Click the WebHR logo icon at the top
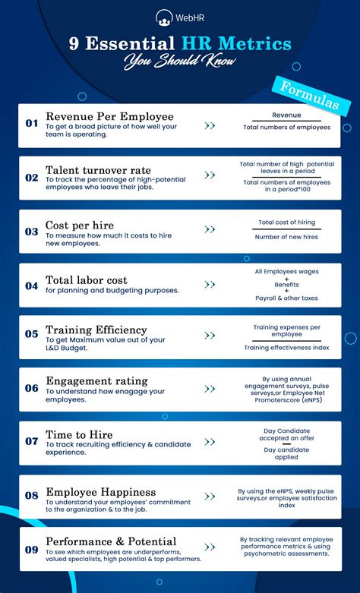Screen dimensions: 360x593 pos(163,17)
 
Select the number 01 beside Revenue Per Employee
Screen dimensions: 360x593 pos(31,123)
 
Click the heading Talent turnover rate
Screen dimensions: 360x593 pos(98,169)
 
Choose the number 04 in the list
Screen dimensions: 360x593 pos(31,286)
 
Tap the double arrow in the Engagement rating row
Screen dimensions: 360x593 pos(210,387)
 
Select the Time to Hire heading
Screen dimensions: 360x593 pos(80,435)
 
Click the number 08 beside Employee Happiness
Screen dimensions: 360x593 pos(31,495)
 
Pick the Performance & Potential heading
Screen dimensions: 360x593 pos(111,542)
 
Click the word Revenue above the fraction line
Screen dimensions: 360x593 pos(286,115)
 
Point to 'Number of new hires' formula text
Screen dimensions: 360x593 pos(286,236)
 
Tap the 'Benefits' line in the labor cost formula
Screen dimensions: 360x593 pos(286,285)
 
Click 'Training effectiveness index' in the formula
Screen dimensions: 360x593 pos(286,347)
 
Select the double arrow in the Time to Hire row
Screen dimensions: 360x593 pos(210,440)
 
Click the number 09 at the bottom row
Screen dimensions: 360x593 pos(31,549)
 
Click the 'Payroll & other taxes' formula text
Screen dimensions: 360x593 pos(286,298)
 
